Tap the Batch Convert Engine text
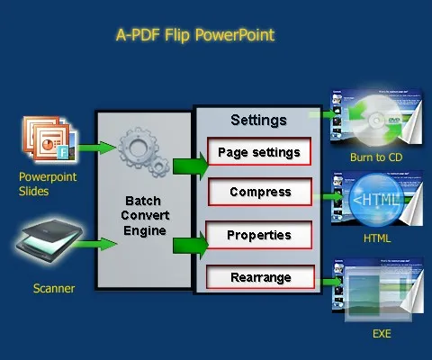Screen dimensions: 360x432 [145, 219]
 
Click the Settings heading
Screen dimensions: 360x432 [258, 120]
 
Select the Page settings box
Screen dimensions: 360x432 [259, 152]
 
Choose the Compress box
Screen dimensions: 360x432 [259, 192]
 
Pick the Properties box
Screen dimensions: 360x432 [259, 235]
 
